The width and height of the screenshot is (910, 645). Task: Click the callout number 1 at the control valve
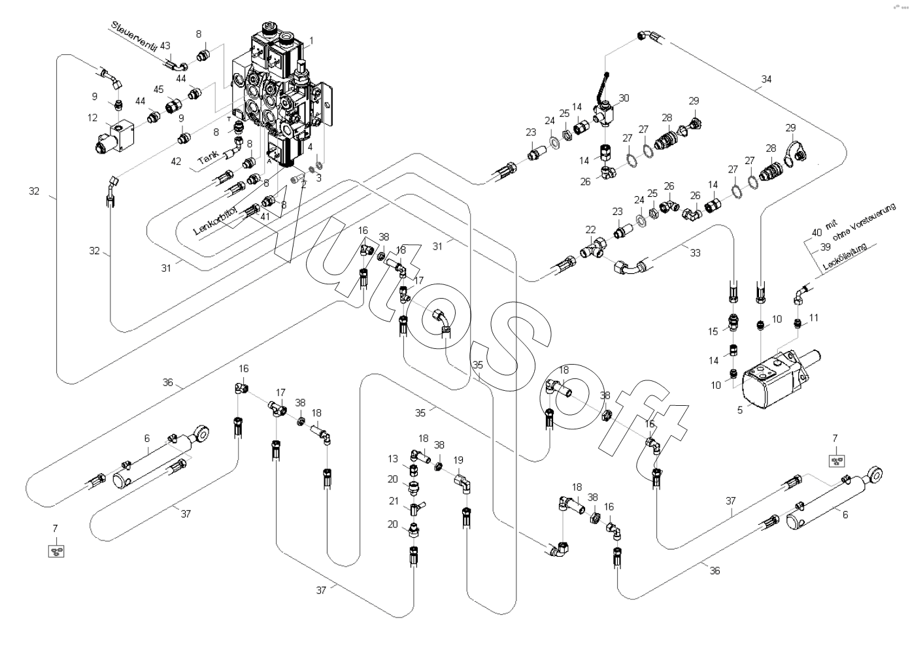tap(311, 41)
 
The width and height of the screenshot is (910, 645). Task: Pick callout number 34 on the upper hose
tap(766, 79)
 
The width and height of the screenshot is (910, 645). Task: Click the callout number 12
tap(92, 118)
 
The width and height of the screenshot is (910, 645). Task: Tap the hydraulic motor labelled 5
tap(771, 382)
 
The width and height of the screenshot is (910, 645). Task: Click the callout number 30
tap(624, 98)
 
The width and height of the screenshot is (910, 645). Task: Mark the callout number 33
tap(695, 253)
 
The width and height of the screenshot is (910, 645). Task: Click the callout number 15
tap(713, 332)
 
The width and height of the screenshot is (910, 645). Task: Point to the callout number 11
tap(813, 318)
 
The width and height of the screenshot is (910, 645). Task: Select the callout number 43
tap(165, 46)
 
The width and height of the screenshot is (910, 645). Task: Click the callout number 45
tap(158, 89)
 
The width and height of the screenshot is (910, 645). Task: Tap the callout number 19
tap(458, 460)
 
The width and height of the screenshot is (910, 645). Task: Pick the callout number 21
tap(393, 501)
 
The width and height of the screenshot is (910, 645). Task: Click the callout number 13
tap(393, 459)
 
